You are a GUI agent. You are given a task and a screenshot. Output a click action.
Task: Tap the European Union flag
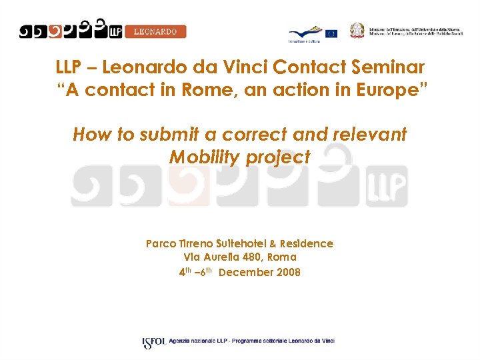click(331, 33)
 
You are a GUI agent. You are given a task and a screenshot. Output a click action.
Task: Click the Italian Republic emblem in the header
click(358, 31)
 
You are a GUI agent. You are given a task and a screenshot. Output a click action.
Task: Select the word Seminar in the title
click(389, 67)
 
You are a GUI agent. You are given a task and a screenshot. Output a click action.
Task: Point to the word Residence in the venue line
click(306, 244)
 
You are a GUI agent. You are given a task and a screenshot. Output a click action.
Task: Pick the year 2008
click(287, 272)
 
